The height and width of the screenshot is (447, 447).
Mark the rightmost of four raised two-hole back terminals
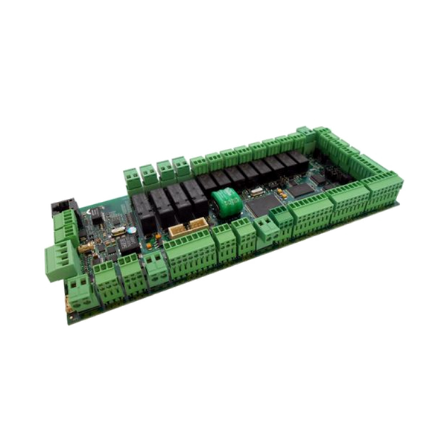click(x=181, y=164)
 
